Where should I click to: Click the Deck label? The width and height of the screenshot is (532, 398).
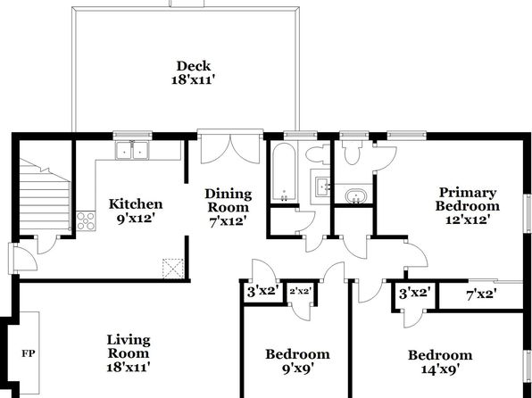(194, 66)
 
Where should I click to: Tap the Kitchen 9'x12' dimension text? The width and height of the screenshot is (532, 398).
(136, 219)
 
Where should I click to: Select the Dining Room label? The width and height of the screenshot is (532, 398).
(229, 201)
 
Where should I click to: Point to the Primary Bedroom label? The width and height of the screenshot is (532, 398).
(468, 199)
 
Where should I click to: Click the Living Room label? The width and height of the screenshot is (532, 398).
(129, 346)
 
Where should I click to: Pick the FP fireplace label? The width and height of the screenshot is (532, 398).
(29, 353)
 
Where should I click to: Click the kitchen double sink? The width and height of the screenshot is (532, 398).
(132, 150)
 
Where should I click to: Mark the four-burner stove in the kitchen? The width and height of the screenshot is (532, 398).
(86, 221)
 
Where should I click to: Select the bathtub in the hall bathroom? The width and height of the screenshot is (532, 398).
(285, 172)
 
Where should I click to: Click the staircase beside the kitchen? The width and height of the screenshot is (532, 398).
(45, 197)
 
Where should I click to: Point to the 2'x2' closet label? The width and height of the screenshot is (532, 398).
(300, 291)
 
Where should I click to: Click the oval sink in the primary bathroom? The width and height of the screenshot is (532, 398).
(356, 196)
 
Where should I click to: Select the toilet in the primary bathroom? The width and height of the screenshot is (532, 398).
(353, 153)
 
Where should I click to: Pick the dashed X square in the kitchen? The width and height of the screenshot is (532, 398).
(173, 269)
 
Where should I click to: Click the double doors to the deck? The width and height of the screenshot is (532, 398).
(230, 148)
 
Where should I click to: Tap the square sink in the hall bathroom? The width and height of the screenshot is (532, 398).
(322, 187)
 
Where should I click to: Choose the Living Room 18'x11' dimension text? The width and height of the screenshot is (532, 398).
(129, 367)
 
